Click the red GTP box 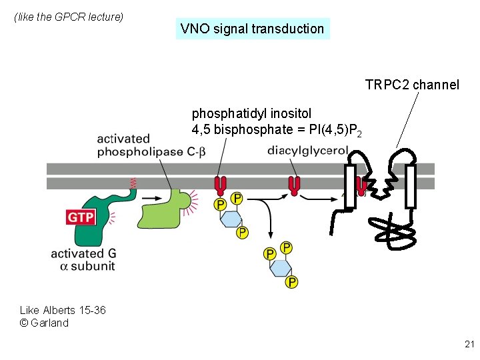(x=80, y=217)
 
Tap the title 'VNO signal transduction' (x=252, y=29)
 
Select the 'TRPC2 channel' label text (x=412, y=85)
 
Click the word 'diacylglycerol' (x=307, y=151)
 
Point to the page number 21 (x=469, y=344)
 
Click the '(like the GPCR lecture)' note (x=69, y=17)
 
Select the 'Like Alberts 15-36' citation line (x=63, y=310)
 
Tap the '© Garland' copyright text (x=44, y=323)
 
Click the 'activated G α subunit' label (x=83, y=259)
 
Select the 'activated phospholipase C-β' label (x=151, y=145)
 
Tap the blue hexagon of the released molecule (x=281, y=267)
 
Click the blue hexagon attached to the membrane (x=231, y=218)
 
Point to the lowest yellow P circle (x=291, y=283)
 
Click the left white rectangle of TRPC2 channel (x=350, y=187)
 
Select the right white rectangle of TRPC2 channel (x=410, y=187)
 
